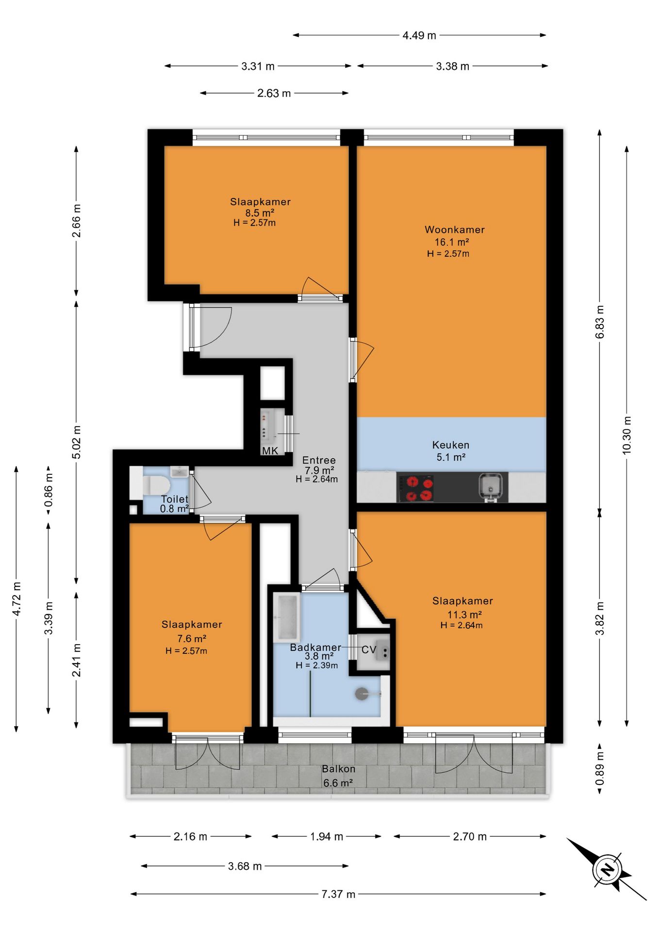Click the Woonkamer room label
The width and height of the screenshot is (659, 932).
point(455,230)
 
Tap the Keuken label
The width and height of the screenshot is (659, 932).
point(451,445)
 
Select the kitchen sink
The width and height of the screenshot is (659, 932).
point(489,486)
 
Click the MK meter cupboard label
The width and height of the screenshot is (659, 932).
point(270,450)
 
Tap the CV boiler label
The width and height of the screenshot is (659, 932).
point(369,649)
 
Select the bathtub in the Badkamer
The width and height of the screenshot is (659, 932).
point(286,617)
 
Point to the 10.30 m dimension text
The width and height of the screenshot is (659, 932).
point(627,435)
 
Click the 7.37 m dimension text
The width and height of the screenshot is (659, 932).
point(338,894)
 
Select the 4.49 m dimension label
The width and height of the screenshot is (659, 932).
point(419,35)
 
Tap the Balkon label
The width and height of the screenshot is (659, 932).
point(339,769)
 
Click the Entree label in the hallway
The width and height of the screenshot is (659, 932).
point(319,460)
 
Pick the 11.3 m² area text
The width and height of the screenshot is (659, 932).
point(464,615)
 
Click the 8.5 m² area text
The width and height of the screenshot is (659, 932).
point(260,213)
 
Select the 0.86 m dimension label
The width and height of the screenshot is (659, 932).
point(49,490)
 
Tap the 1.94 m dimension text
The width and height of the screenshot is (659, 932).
point(327,836)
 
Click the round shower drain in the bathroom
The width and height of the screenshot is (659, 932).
point(362,694)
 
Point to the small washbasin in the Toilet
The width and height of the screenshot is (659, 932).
point(180,472)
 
